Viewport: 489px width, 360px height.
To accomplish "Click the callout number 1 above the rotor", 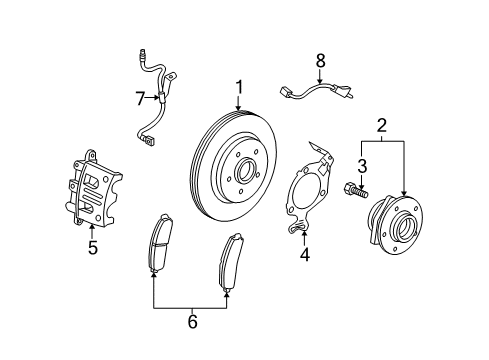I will click(x=239, y=86).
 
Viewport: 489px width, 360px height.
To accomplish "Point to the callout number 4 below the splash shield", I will click(x=304, y=254).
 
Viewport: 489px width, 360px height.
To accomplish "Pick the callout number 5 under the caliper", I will click(x=92, y=248).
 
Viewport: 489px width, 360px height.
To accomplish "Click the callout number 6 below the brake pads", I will click(x=192, y=321).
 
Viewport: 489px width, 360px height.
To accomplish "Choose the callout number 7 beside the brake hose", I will click(x=140, y=97).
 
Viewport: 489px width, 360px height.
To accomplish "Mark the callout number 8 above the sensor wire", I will click(x=320, y=61).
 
